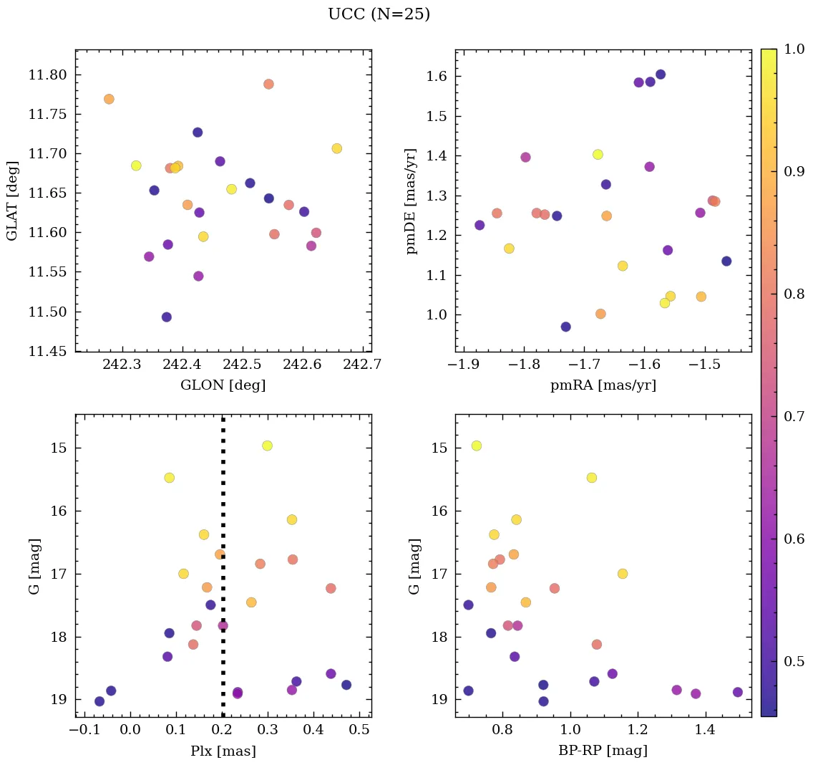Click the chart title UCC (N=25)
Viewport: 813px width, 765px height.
pos(379,14)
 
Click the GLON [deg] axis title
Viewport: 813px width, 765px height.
pos(223,385)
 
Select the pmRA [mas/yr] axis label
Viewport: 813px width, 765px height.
pos(603,385)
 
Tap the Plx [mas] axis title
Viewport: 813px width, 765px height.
pos(223,751)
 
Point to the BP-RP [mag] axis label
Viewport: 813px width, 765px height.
pos(603,751)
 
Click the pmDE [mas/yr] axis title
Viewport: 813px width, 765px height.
pos(412,201)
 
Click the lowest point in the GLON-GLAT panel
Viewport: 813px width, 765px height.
pos(167,317)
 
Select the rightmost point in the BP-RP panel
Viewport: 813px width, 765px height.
pos(738,692)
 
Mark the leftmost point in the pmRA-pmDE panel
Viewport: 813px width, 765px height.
pos(479,225)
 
